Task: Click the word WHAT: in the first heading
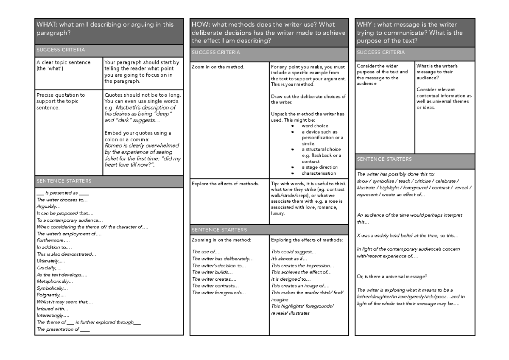click(x=45, y=25)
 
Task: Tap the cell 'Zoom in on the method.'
click(x=218, y=67)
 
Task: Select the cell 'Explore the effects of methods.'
click(x=225, y=184)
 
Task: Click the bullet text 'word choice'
click(x=315, y=126)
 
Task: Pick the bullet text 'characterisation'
click(x=319, y=173)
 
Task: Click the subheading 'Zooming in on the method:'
click(x=221, y=240)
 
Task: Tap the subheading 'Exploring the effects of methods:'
click(x=307, y=240)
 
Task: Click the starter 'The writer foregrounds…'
click(x=219, y=293)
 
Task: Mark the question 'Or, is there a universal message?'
click(x=392, y=276)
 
